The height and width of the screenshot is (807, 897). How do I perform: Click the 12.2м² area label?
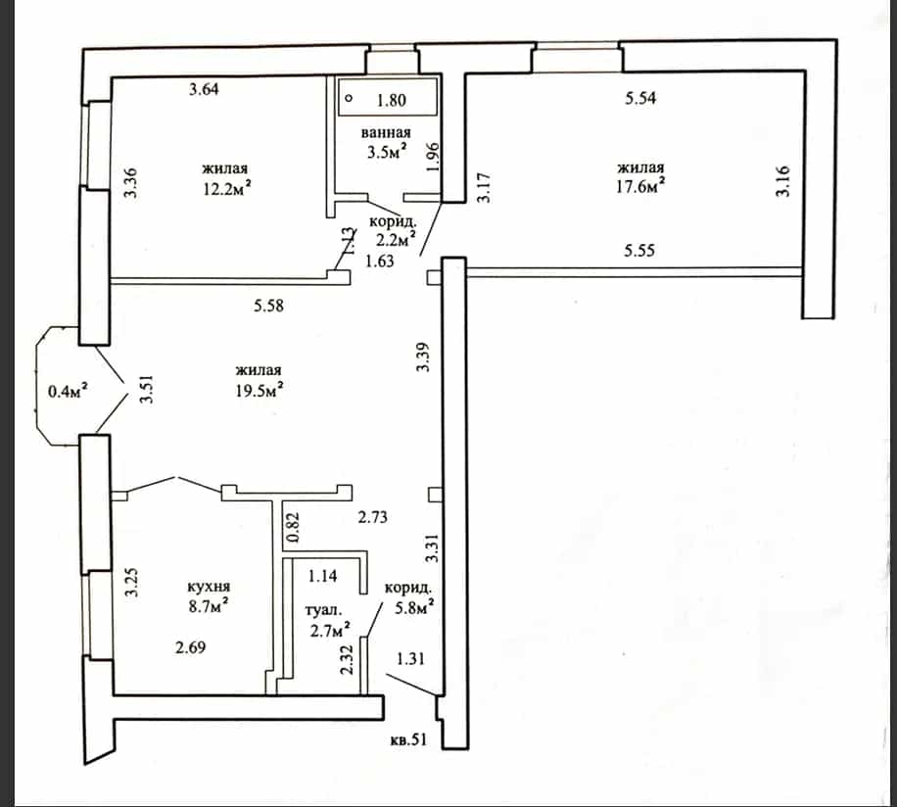[228, 188]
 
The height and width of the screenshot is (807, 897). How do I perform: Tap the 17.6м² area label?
[640, 186]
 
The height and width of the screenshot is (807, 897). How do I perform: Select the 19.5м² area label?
[260, 390]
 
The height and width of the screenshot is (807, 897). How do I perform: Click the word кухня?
[209, 587]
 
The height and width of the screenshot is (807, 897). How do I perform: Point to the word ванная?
[386, 133]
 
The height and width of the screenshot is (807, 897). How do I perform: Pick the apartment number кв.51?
[408, 739]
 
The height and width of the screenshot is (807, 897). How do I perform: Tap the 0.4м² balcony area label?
[69, 391]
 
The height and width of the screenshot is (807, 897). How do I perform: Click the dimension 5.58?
[269, 306]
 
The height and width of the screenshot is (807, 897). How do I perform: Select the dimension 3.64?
[205, 89]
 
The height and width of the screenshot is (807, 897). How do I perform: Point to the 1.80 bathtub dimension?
[392, 101]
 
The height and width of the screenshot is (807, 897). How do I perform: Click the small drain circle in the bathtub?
[349, 98]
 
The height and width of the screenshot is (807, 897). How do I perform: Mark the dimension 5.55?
[639, 251]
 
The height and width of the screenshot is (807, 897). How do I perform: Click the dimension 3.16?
[782, 181]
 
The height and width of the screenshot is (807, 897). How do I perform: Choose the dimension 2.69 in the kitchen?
[191, 647]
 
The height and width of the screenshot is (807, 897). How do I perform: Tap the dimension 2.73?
[373, 517]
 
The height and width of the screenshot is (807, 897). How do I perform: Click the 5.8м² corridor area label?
[414, 608]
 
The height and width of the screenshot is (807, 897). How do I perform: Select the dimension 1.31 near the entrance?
[410, 659]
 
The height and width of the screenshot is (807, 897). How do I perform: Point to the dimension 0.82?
[293, 527]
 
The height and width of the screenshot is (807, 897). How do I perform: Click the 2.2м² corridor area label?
[396, 240]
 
